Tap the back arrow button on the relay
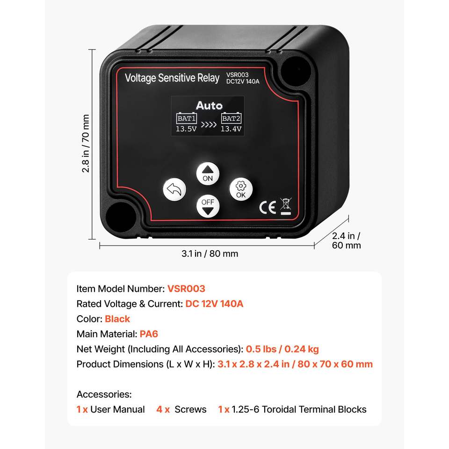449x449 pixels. tap(174, 190)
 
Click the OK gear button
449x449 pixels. tap(241, 189)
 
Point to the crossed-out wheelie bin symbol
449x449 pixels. tap(285, 206)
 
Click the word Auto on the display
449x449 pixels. tap(209, 105)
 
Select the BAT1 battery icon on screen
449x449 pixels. tap(186, 118)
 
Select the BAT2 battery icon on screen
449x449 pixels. tap(231, 118)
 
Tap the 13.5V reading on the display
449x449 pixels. tap(186, 129)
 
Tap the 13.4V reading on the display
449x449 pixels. tap(231, 129)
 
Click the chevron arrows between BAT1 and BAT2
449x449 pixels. tap(209, 125)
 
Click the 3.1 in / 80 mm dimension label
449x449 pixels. tap(210, 253)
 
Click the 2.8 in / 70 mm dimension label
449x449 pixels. tap(86, 144)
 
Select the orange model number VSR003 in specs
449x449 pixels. tap(186, 289)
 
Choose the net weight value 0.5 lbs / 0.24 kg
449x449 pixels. tap(282, 349)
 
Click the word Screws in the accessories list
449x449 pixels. tap(190, 409)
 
